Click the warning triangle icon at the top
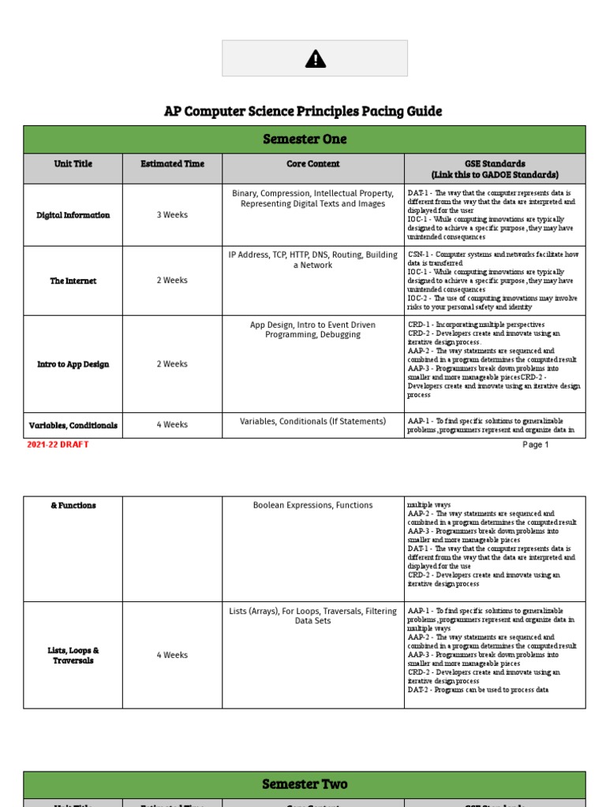pyautogui.click(x=315, y=59)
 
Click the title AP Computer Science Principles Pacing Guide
pyautogui.click(x=303, y=111)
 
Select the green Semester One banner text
pyautogui.click(x=304, y=139)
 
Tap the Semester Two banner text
pyautogui.click(x=304, y=784)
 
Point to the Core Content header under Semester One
pyautogui.click(x=313, y=164)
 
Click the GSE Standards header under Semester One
pyautogui.click(x=495, y=169)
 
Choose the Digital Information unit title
pyautogui.click(x=73, y=215)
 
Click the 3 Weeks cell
pyautogui.click(x=172, y=215)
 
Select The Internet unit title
pyautogui.click(x=73, y=281)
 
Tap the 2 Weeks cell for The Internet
pyautogui.click(x=172, y=281)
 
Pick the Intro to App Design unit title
pyautogui.click(x=73, y=364)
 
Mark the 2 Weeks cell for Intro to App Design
pyautogui.click(x=172, y=364)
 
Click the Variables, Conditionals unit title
pyautogui.click(x=73, y=425)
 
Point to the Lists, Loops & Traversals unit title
pyautogui.click(x=73, y=655)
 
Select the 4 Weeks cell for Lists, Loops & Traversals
pyautogui.click(x=172, y=655)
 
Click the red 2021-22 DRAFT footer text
pyautogui.click(x=58, y=444)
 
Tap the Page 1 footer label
pyautogui.click(x=535, y=444)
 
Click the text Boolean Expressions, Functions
pyautogui.click(x=313, y=505)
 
